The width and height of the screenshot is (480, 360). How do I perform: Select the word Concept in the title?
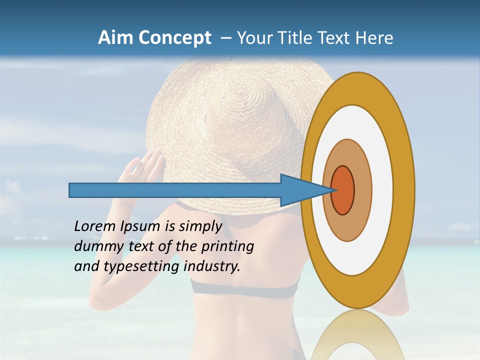click(x=174, y=38)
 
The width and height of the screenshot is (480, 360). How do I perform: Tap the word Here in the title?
click(x=373, y=38)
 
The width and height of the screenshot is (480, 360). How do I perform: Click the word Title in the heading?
click(x=295, y=38)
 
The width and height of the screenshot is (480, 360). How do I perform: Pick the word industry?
click(x=212, y=266)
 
